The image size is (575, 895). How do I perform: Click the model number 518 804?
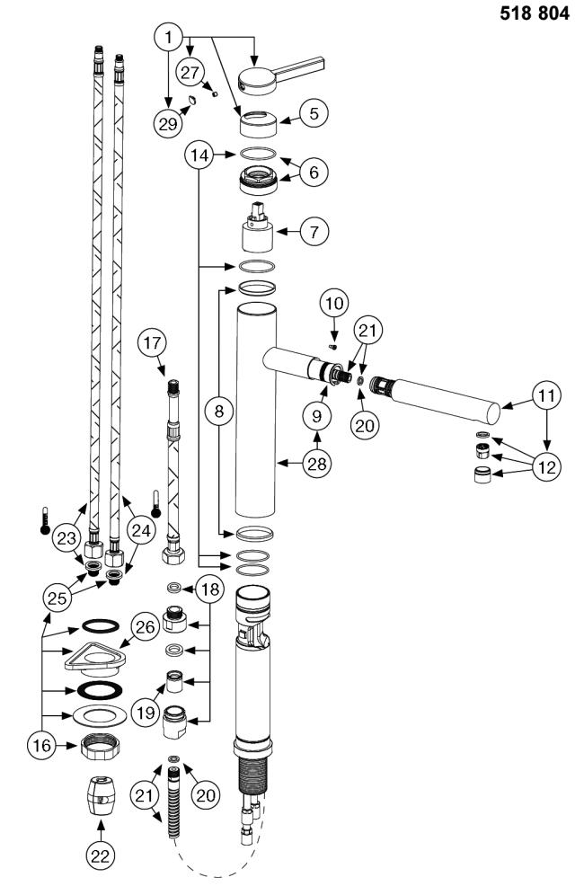tap(534, 13)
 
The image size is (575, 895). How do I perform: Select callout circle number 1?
tap(168, 38)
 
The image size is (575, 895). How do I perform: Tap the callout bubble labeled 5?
tap(314, 113)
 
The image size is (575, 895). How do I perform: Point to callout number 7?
tap(314, 232)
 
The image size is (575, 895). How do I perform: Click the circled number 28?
tap(317, 464)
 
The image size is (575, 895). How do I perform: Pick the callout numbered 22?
tap(101, 855)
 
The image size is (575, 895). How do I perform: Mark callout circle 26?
tap(145, 627)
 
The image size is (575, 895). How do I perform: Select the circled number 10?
tap(334, 303)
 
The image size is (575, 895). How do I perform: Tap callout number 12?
tap(546, 468)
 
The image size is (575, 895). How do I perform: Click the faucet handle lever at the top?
tap(280, 75)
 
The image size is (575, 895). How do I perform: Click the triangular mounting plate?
tap(94, 657)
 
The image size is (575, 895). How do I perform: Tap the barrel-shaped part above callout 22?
tap(100, 795)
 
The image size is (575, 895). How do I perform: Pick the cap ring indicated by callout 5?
tap(258, 123)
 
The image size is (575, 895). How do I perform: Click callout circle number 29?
tap(168, 122)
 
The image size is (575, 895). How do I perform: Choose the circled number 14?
tap(200, 155)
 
